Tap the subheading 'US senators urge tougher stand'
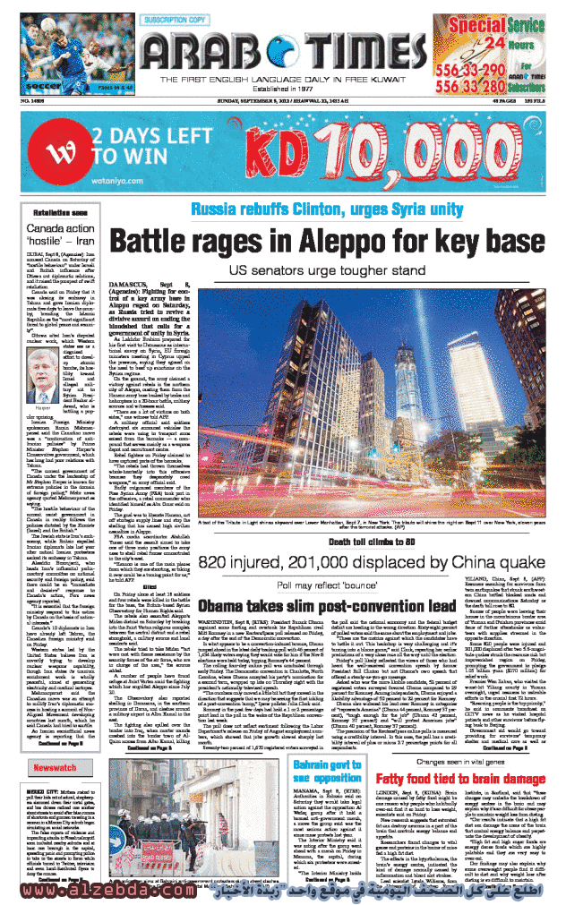click(326, 270)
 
